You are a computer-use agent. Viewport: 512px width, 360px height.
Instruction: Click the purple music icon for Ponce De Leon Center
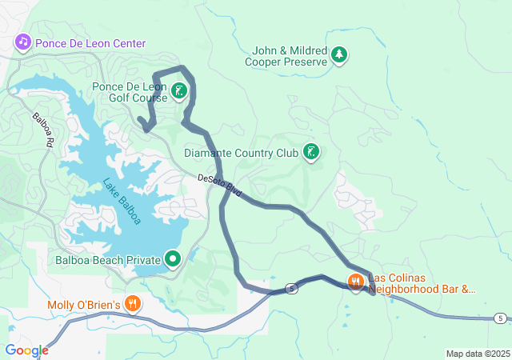(x=22, y=42)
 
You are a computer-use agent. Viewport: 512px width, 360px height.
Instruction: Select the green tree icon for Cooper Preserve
(x=341, y=54)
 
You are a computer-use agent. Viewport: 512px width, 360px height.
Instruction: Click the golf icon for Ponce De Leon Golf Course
(x=178, y=91)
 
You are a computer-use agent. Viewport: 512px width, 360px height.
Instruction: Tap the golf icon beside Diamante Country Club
(x=311, y=152)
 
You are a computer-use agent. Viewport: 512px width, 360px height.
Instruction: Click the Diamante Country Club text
(x=241, y=153)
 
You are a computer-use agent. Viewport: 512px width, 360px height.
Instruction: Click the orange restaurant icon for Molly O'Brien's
(x=133, y=304)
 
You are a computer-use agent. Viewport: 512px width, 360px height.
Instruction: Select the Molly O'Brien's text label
(x=84, y=305)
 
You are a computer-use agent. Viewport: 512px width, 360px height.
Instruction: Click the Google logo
(x=26, y=350)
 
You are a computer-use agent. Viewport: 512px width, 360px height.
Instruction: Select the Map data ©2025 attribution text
(x=477, y=354)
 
